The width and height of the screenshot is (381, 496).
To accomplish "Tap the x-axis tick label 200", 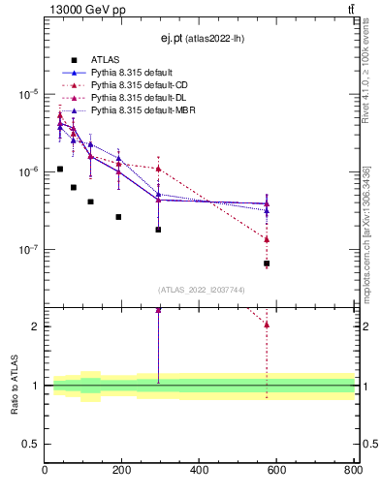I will click(122, 471).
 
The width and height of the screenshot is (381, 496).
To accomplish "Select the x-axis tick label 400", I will click(199, 471).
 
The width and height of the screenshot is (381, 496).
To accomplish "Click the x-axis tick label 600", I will click(276, 471).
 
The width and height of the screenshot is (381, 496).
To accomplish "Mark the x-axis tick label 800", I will click(352, 471).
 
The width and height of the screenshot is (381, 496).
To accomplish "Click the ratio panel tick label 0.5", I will click(32, 444).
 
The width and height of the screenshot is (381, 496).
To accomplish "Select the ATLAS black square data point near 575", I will click(267, 263).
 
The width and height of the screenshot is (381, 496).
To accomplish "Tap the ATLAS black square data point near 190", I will click(118, 217).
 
